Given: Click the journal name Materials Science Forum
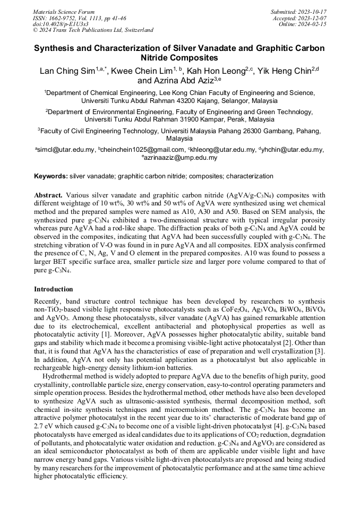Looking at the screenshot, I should [64, 12].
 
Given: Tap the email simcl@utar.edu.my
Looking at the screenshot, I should [66, 150].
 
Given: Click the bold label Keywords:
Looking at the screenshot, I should [51, 176].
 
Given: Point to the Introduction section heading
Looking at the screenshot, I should [54, 289].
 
